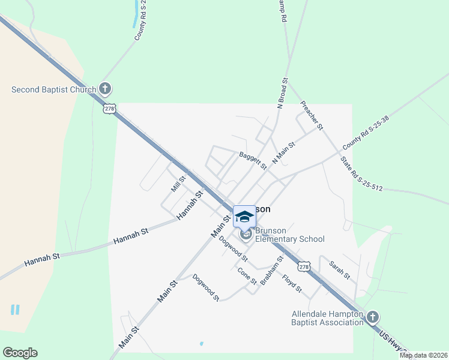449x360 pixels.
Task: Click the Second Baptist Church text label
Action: point(54,90)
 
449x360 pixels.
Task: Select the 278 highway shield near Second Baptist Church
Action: point(109,109)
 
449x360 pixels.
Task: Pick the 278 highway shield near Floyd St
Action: point(305,266)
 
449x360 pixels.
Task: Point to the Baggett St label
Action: point(253,160)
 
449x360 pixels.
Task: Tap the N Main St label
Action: point(284,153)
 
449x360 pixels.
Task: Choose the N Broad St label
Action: point(281,92)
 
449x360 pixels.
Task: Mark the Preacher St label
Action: point(312,115)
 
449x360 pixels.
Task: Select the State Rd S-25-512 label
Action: point(361,173)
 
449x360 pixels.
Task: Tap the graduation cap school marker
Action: point(244,216)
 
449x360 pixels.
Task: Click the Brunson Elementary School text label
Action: point(290,235)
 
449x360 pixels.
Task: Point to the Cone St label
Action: point(247,276)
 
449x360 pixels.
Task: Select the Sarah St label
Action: point(339,269)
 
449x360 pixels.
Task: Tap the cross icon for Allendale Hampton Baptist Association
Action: point(373,316)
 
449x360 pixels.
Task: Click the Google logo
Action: point(20,353)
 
